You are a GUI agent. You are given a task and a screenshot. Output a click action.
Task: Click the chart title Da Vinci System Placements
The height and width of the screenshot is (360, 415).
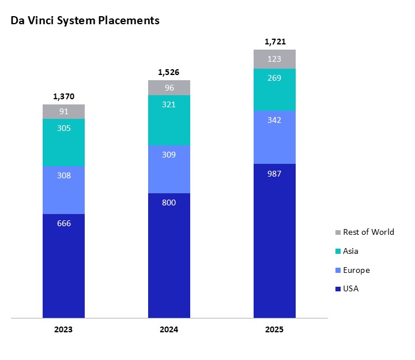tap(85, 21)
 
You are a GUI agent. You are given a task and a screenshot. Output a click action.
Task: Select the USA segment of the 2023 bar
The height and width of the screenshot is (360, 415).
tap(64, 265)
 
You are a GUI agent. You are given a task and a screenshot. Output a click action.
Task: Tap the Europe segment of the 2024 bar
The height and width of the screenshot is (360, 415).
tap(169, 169)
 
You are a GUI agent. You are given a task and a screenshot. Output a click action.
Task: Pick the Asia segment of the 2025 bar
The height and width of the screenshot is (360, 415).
tap(274, 89)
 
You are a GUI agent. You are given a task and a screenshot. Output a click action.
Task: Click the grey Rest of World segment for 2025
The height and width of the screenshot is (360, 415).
tap(274, 59)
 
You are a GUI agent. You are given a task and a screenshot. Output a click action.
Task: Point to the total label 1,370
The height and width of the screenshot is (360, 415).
tap(64, 96)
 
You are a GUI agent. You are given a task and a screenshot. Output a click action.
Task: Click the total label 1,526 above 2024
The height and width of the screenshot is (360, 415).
tap(169, 72)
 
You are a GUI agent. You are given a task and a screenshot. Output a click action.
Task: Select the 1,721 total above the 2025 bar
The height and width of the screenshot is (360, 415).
tap(274, 42)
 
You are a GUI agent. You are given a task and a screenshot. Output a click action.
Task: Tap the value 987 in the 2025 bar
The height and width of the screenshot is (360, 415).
tap(274, 174)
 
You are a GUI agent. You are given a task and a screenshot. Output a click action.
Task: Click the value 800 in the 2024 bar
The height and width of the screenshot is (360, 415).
tap(169, 202)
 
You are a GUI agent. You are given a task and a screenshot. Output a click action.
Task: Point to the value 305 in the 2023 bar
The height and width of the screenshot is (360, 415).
tap(64, 129)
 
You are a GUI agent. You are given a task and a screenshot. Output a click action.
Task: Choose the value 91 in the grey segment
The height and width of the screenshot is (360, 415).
tap(64, 112)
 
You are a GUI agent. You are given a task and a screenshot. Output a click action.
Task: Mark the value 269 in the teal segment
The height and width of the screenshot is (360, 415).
tap(274, 78)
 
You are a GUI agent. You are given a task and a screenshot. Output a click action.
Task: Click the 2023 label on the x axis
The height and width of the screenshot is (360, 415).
tap(64, 330)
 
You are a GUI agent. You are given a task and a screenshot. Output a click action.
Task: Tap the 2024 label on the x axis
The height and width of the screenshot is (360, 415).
tap(169, 330)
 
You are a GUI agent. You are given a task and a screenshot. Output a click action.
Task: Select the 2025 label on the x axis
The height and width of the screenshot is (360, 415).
tap(274, 330)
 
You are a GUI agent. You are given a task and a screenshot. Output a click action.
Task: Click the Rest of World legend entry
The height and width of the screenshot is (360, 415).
tap(368, 232)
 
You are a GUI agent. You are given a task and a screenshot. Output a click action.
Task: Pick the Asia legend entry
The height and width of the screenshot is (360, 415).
tap(350, 251)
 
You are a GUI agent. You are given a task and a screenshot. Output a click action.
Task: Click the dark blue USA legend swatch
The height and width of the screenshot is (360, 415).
tap(338, 289)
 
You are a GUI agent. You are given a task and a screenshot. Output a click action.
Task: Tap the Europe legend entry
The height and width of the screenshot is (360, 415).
tap(356, 270)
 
